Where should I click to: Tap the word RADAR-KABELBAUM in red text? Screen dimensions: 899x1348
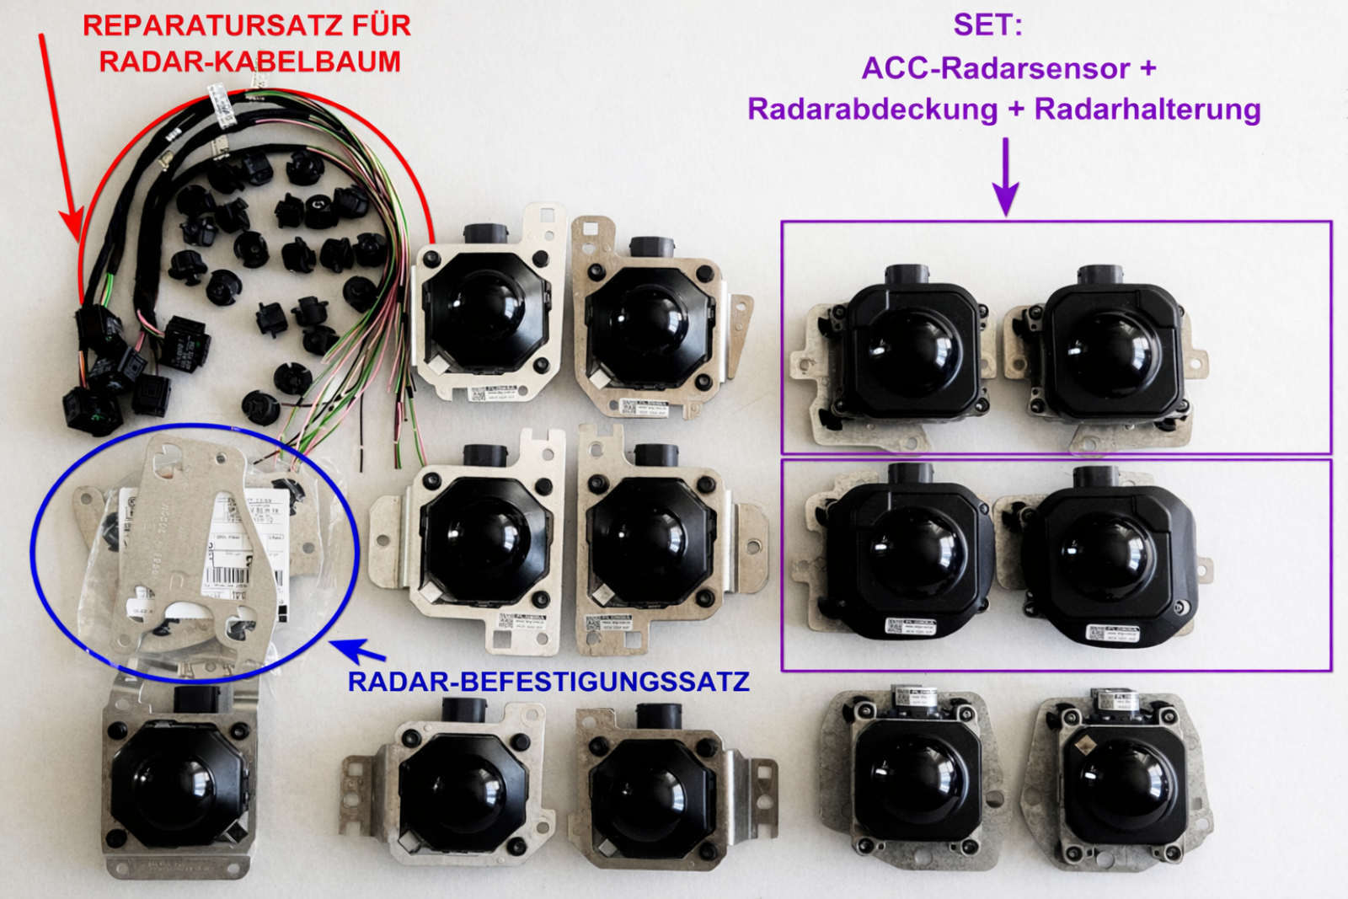tap(249, 62)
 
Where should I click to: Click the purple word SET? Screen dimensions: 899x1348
tap(987, 25)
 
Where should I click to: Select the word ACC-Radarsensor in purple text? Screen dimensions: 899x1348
tap(995, 68)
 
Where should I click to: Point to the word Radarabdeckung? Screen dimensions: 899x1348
tap(872, 110)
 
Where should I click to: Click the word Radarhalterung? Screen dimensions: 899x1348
tap(1147, 110)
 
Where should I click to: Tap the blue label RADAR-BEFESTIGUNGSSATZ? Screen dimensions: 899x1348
tap(548, 682)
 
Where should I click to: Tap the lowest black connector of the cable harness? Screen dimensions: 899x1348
tap(91, 411)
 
